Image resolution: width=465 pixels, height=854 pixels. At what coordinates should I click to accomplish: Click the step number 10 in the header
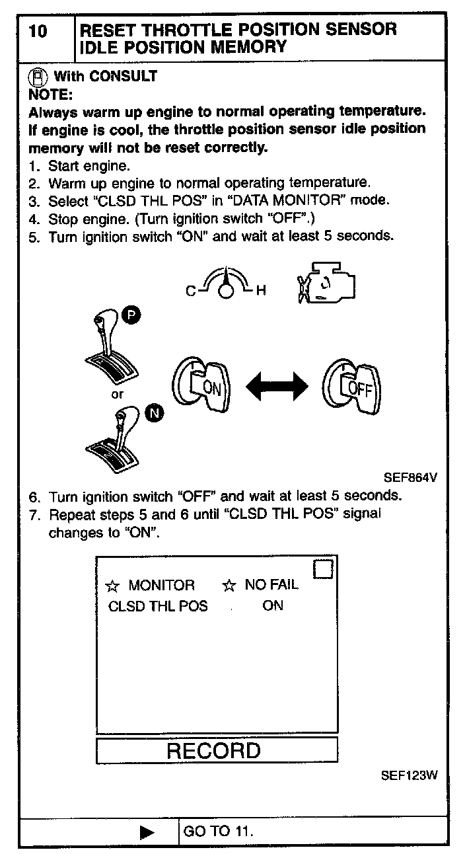[x=39, y=31]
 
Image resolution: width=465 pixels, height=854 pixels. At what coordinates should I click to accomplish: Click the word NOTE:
[x=50, y=93]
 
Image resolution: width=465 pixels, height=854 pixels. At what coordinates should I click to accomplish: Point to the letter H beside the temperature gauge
[x=260, y=291]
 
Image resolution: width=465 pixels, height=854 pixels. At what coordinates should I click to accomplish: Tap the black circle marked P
[x=131, y=317]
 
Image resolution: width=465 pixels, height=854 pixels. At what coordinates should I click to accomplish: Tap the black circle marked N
[x=155, y=414]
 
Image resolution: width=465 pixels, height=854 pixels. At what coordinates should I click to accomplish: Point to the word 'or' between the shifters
[x=117, y=395]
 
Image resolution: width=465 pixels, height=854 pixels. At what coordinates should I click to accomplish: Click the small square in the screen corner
[x=322, y=568]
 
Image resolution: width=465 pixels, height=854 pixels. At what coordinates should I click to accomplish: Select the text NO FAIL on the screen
[x=271, y=585]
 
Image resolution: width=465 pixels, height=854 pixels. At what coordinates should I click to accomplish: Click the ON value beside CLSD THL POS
[x=272, y=605]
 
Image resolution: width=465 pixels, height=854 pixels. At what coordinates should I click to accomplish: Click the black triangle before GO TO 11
[x=147, y=832]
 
